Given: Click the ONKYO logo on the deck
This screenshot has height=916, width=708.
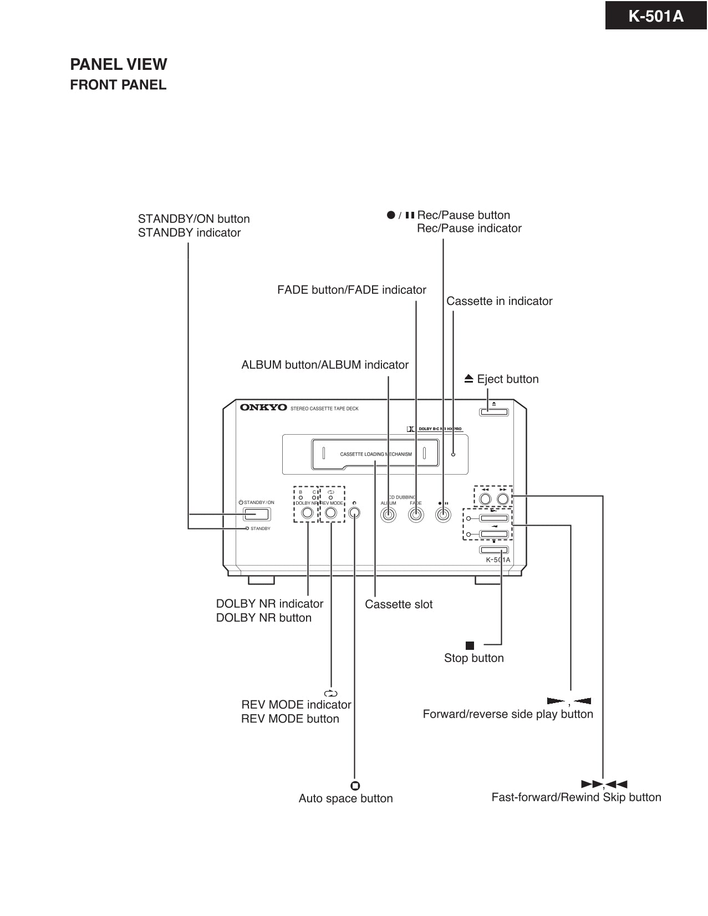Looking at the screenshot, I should pyautogui.click(x=263, y=408).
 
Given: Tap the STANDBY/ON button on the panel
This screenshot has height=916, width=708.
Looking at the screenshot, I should pyautogui.click(x=257, y=514).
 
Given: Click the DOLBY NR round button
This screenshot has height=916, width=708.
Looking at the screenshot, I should pyautogui.click(x=307, y=513).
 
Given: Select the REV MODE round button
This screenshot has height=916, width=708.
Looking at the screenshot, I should pyautogui.click(x=331, y=513).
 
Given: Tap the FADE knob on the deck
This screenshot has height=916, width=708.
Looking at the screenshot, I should pyautogui.click(x=416, y=515).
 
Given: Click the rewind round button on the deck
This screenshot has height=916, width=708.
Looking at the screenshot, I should pyautogui.click(x=485, y=498).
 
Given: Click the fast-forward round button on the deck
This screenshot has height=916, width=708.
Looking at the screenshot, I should pyautogui.click(x=503, y=498).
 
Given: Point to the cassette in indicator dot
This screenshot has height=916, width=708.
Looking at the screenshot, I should pyautogui.click(x=453, y=454).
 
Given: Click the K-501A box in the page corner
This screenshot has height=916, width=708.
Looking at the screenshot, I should pyautogui.click(x=656, y=16).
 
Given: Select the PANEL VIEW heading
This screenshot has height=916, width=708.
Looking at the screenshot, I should pyautogui.click(x=118, y=64).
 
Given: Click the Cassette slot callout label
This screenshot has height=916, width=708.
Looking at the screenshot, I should pyautogui.click(x=399, y=604).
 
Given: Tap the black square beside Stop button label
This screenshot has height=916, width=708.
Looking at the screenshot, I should pyautogui.click(x=470, y=645).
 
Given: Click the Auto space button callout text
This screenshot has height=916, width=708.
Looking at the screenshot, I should pyautogui.click(x=345, y=798).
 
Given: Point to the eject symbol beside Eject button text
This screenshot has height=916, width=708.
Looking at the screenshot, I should pyautogui.click(x=469, y=379).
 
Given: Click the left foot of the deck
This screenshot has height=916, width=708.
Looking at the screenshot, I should pyautogui.click(x=261, y=580).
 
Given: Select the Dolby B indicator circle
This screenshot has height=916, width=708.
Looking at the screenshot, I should pyautogui.click(x=300, y=497).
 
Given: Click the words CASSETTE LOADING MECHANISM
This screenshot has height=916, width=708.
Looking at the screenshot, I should pyautogui.click(x=375, y=454).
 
